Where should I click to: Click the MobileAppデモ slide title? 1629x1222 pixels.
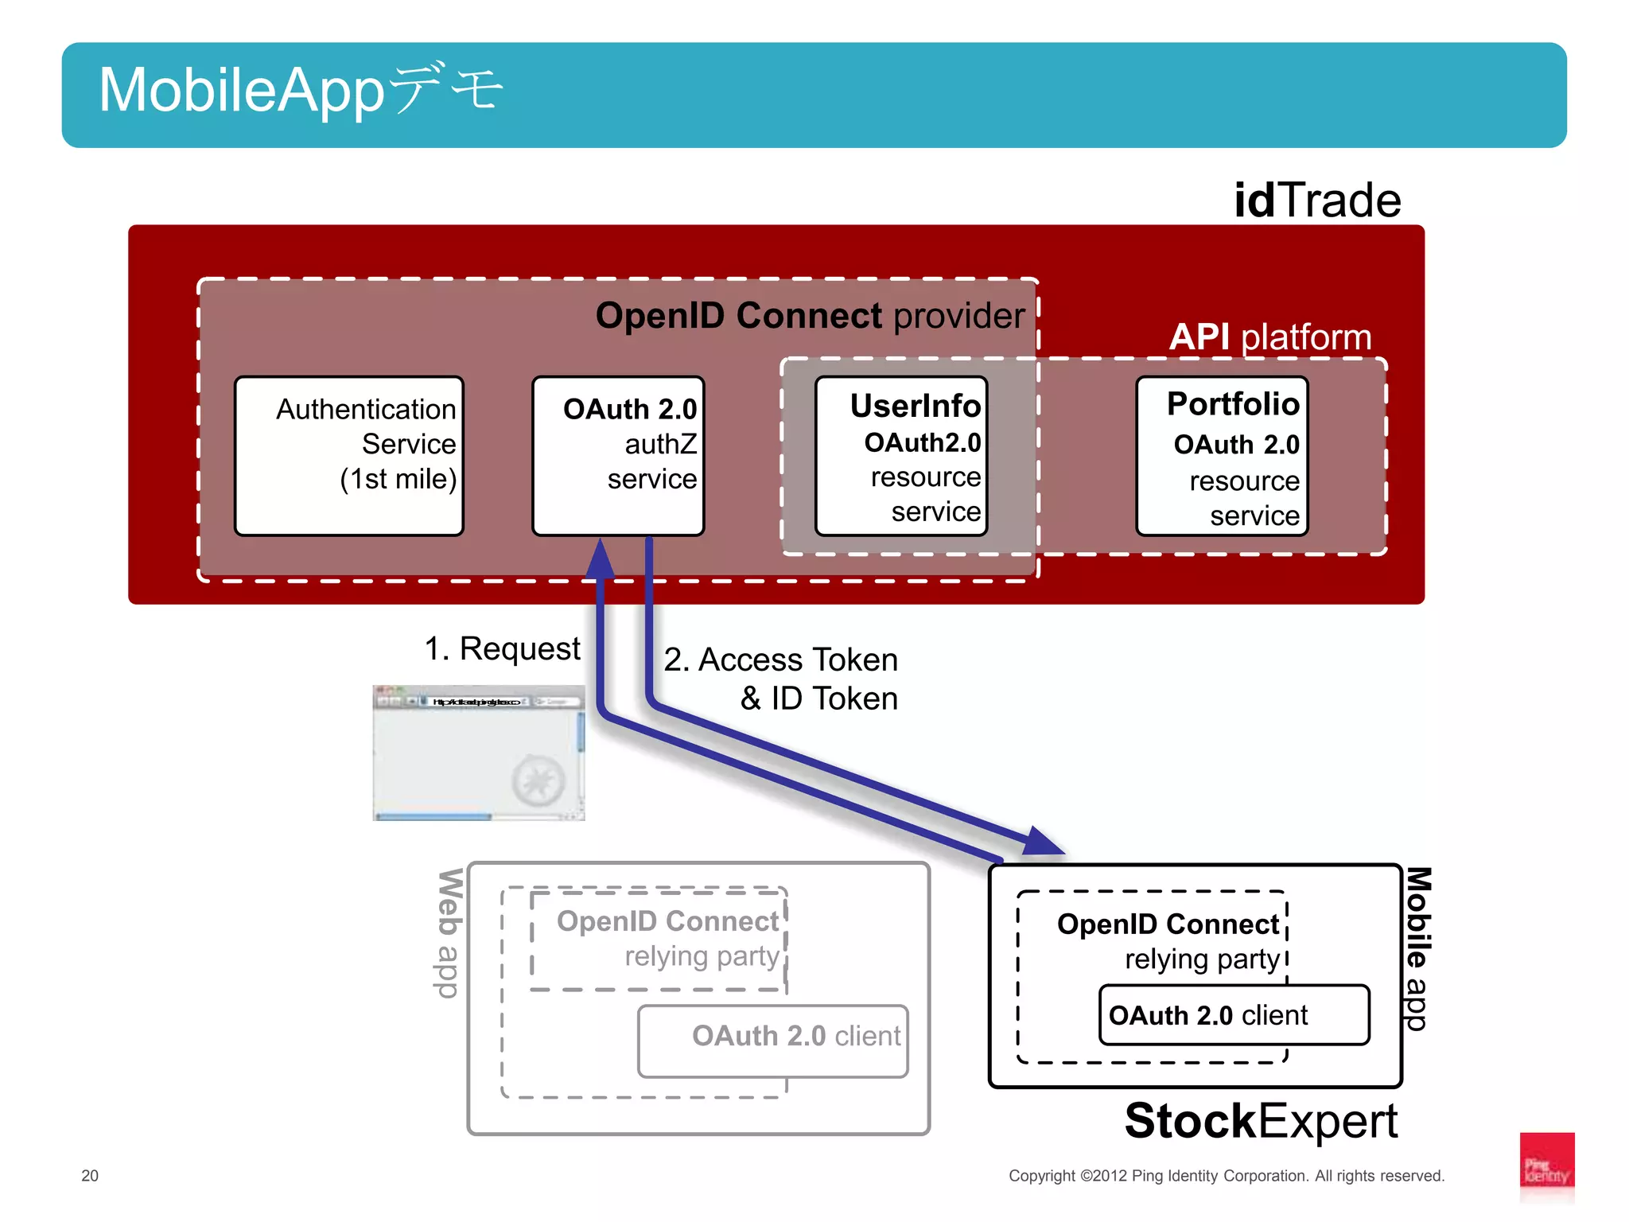pyautogui.click(x=301, y=91)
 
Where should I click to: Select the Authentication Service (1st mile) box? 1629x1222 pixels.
pyautogui.click(x=349, y=456)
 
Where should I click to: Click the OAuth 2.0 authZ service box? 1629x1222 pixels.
pyautogui.click(x=618, y=456)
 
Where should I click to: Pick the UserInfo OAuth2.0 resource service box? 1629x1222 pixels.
pyautogui.click(x=901, y=456)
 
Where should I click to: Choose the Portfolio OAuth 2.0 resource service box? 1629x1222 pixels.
pyautogui.click(x=1222, y=456)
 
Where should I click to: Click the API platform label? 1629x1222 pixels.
pyautogui.click(x=1269, y=337)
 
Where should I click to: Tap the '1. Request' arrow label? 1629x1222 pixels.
pyautogui.click(x=502, y=648)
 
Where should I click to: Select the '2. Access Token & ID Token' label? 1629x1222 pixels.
pyautogui.click(x=781, y=679)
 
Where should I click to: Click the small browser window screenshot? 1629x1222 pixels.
pyautogui.click(x=479, y=753)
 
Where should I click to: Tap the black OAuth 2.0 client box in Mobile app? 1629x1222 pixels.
pyautogui.click(x=1234, y=1015)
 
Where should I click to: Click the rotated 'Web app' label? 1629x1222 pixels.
pyautogui.click(x=449, y=932)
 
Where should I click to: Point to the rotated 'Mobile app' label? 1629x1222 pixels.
pyautogui.click(x=1417, y=948)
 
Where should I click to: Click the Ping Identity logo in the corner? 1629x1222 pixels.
pyautogui.click(x=1546, y=1166)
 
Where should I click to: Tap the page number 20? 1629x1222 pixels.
pyautogui.click(x=90, y=1175)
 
